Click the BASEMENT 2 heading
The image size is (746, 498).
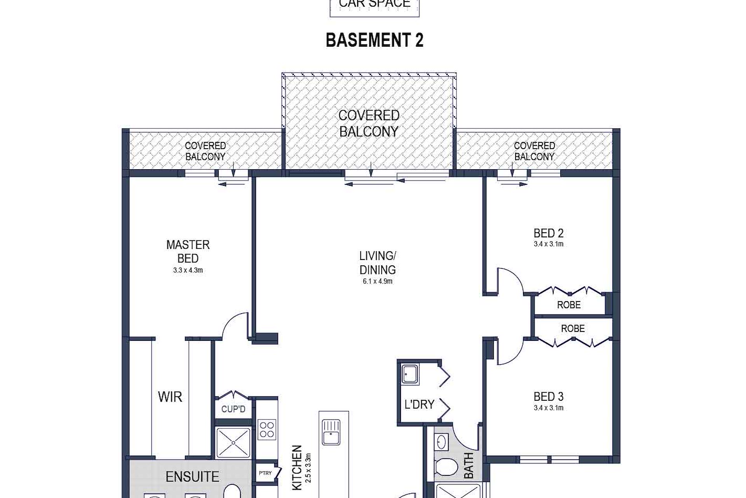coord(374,40)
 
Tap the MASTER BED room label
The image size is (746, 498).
coord(188,251)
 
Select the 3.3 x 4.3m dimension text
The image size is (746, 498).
coord(188,270)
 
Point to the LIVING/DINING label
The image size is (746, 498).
coord(378,263)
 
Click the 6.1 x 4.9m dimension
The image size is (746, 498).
coord(378,281)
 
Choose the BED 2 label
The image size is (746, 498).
coord(549,233)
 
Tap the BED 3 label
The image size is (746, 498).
coord(549,397)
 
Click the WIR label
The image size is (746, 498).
coord(170,397)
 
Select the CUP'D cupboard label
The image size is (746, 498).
coord(234,409)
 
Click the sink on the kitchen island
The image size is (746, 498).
coord(331,432)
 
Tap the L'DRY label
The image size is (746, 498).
coord(419,405)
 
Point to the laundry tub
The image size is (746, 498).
coord(410,375)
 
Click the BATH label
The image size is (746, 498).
coord(469,465)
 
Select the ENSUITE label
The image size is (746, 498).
coord(192,477)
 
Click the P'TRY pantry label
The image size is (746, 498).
coord(265,473)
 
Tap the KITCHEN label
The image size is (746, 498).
coord(297,467)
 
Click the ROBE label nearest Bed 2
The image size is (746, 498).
coord(569,305)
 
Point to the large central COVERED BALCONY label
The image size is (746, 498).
coord(369,123)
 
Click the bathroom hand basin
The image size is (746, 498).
coord(441,442)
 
